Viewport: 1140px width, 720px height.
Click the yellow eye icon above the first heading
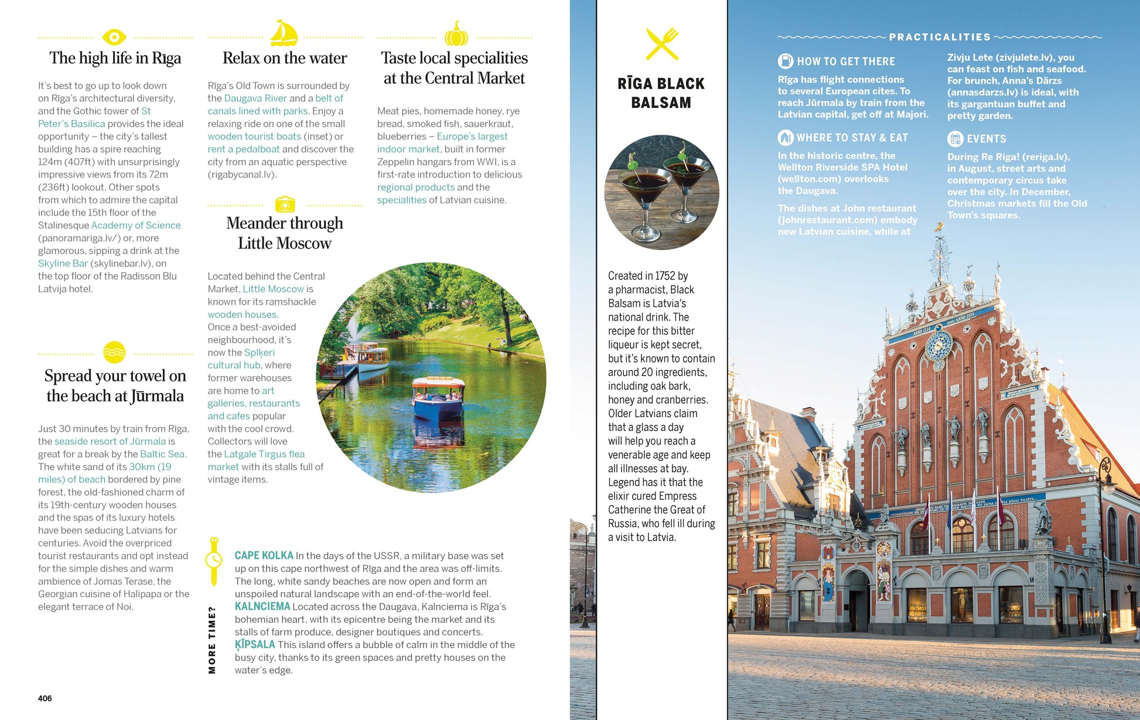pyautogui.click(x=114, y=37)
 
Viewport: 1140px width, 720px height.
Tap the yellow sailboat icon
pyautogui.click(x=284, y=34)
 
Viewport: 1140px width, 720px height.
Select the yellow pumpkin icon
pyautogui.click(x=456, y=35)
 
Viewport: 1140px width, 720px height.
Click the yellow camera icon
pyautogui.click(x=285, y=204)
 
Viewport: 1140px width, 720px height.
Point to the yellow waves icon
pyautogui.click(x=114, y=353)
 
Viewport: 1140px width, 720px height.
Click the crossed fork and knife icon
pyautogui.click(x=662, y=44)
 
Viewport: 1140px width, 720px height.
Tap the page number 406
pyautogui.click(x=45, y=698)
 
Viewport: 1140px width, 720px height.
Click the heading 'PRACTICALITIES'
pyautogui.click(x=940, y=37)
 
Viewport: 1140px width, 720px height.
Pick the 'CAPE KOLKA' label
pyautogui.click(x=264, y=555)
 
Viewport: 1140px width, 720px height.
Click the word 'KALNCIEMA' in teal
pyautogui.click(x=262, y=606)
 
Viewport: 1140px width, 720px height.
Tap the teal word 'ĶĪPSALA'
pyautogui.click(x=255, y=644)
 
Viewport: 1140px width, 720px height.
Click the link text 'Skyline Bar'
pyautogui.click(x=63, y=264)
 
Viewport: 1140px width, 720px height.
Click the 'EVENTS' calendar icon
pyautogui.click(x=955, y=139)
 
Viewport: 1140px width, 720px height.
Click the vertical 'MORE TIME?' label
pyautogui.click(x=212, y=640)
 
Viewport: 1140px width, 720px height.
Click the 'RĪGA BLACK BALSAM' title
pyautogui.click(x=661, y=93)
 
